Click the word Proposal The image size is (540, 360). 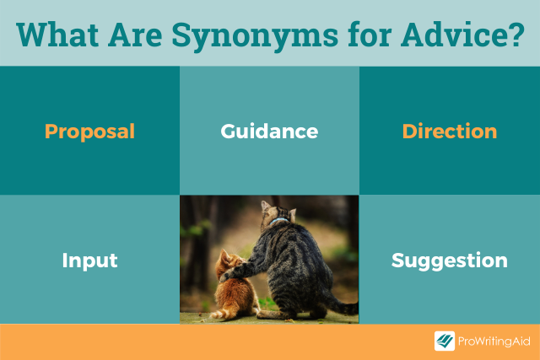pyautogui.click(x=89, y=132)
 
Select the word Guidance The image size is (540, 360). pyautogui.click(x=269, y=132)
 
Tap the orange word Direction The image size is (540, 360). pyautogui.click(x=450, y=132)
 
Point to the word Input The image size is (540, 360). pyautogui.click(x=89, y=261)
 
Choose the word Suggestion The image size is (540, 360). pyautogui.click(x=450, y=261)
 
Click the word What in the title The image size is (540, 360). pyautogui.click(x=57, y=35)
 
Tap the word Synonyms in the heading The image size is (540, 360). pyautogui.click(x=255, y=36)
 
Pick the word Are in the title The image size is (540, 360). pyautogui.click(x=135, y=35)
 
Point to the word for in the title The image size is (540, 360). pyautogui.click(x=370, y=35)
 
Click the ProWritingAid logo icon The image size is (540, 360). pyautogui.click(x=445, y=341)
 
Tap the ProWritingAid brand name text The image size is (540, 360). pyautogui.click(x=494, y=341)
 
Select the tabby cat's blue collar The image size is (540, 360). pyautogui.click(x=278, y=220)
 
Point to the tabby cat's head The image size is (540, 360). pyautogui.click(x=278, y=212)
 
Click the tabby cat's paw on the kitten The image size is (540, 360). pyautogui.click(x=228, y=276)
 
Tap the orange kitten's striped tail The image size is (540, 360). pyautogui.click(x=220, y=314)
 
